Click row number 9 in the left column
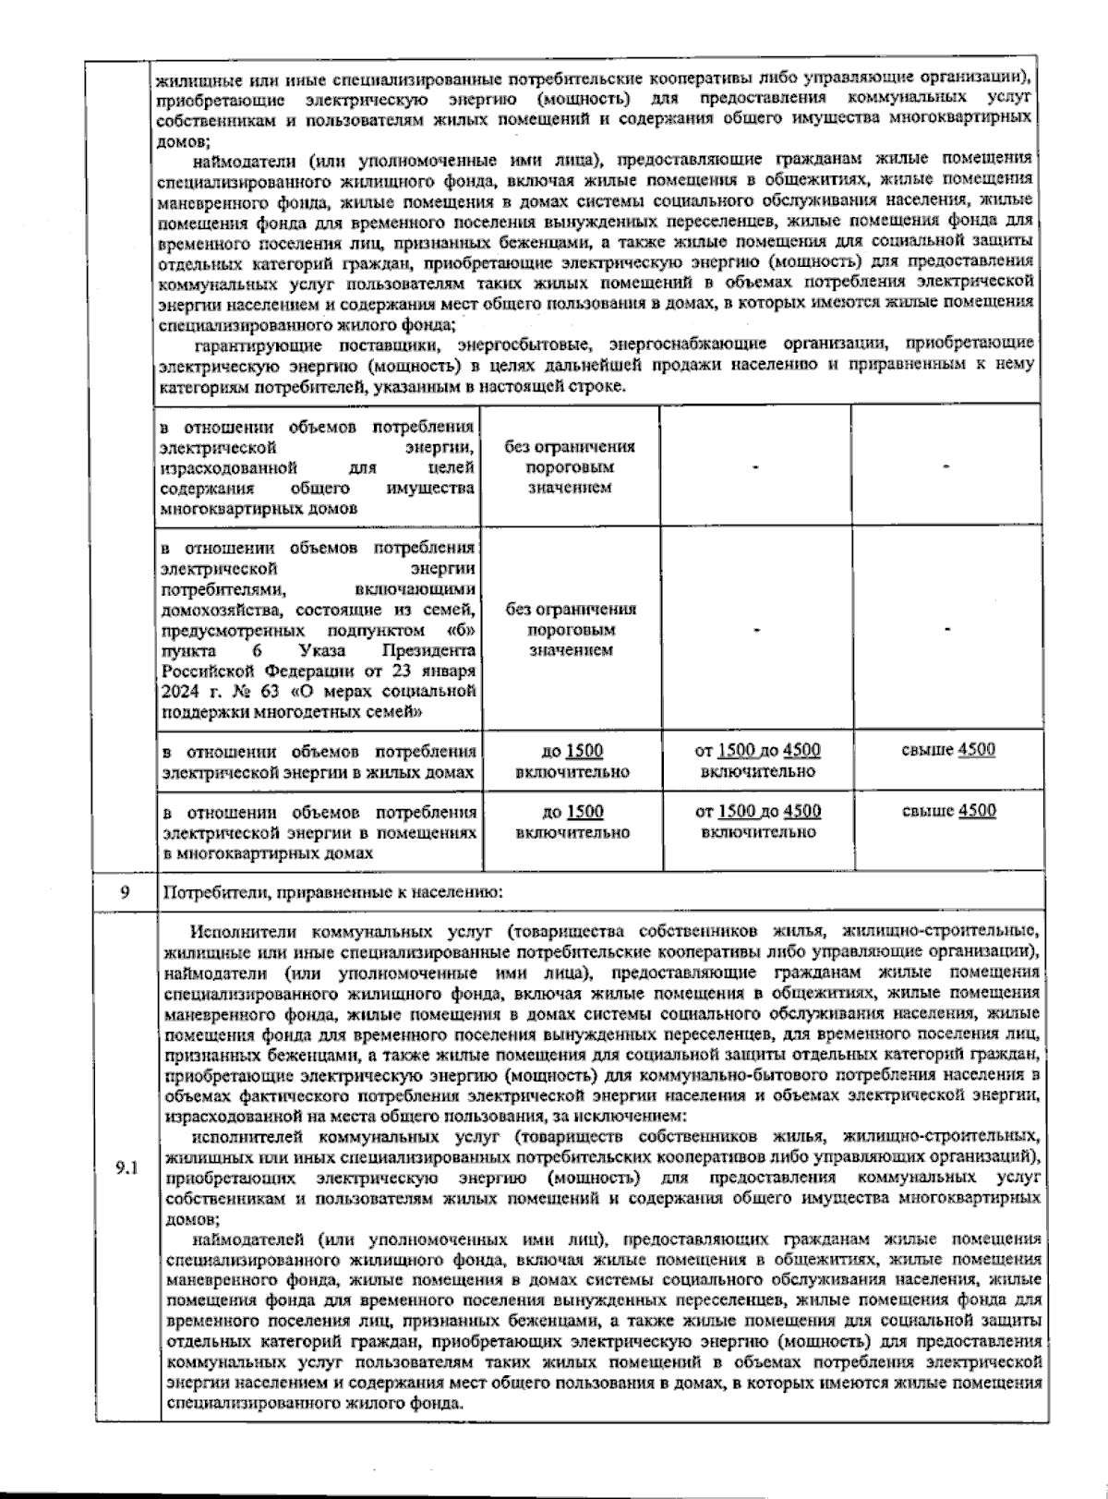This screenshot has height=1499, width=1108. click(125, 892)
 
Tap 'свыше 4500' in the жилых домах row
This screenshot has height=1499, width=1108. click(948, 750)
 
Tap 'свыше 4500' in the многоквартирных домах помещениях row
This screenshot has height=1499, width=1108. click(948, 811)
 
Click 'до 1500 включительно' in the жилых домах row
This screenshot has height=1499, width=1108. click(572, 761)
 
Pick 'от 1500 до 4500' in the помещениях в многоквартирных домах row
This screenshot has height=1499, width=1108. click(758, 812)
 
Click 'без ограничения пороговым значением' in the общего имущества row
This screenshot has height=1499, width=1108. click(570, 466)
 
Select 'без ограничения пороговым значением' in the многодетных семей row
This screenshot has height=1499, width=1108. click(571, 630)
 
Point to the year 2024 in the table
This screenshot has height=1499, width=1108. click(179, 692)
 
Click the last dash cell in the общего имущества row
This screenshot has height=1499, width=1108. click(946, 466)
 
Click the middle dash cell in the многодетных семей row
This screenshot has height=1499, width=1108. click(756, 630)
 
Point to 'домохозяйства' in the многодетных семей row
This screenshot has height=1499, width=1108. click(217, 610)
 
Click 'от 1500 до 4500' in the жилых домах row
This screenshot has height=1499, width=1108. click(757, 751)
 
